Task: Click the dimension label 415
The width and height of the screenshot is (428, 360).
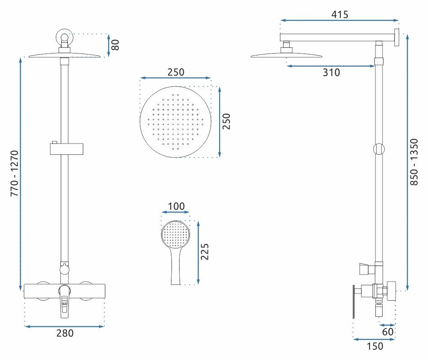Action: click(340, 14)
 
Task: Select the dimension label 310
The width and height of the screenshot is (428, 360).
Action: click(331, 72)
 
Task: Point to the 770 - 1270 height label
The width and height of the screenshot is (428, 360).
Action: click(14, 173)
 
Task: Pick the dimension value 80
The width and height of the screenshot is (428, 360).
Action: click(116, 45)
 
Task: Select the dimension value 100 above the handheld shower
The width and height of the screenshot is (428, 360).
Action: click(176, 207)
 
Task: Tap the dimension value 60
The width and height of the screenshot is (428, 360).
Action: click(388, 332)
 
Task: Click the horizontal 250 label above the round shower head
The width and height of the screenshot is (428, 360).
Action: click(176, 72)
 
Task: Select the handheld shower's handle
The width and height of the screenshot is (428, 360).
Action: click(176, 268)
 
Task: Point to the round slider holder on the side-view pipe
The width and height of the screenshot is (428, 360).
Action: click(379, 149)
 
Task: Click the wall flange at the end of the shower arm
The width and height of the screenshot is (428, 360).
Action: click(397, 37)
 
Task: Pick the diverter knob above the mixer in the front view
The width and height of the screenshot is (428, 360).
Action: click(64, 270)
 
